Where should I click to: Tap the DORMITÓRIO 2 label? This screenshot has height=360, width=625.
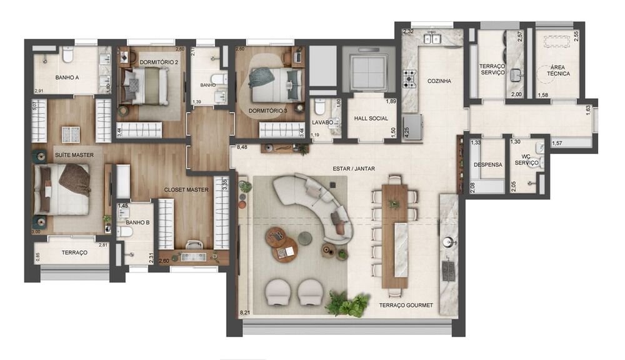(159, 62)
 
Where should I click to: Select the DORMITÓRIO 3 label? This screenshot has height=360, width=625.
(267, 111)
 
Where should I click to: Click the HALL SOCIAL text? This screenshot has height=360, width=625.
(371, 118)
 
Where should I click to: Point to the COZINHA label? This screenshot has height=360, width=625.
(439, 81)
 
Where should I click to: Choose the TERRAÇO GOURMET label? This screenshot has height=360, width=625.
(406, 306)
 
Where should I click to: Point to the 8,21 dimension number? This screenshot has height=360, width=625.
(246, 312)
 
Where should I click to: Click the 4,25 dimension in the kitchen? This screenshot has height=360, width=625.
(407, 133)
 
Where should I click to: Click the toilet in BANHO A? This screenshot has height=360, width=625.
(67, 55)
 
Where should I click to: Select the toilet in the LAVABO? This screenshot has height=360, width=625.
(320, 106)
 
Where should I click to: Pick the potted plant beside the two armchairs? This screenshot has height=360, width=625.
(346, 304)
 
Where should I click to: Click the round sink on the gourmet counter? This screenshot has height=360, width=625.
(448, 242)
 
